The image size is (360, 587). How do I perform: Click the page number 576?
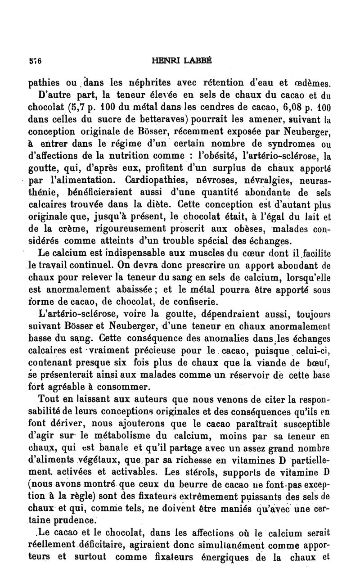[34, 62]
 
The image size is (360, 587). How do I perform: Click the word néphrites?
[143, 83]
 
